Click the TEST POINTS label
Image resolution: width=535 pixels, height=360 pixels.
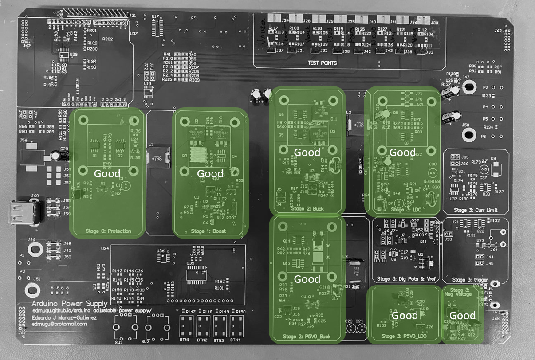click(323, 63)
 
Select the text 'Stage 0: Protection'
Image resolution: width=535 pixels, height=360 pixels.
click(107, 231)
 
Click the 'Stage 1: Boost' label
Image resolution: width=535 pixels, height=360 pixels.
click(208, 231)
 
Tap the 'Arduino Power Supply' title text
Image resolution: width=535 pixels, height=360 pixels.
click(70, 304)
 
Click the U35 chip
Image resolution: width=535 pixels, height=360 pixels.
click(197, 275)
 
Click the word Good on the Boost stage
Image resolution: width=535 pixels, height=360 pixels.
click(210, 174)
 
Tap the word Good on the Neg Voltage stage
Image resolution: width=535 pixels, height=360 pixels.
click(462, 316)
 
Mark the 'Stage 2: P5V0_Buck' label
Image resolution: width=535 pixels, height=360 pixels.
click(307, 337)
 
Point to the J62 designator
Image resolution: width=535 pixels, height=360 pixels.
click(499, 31)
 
